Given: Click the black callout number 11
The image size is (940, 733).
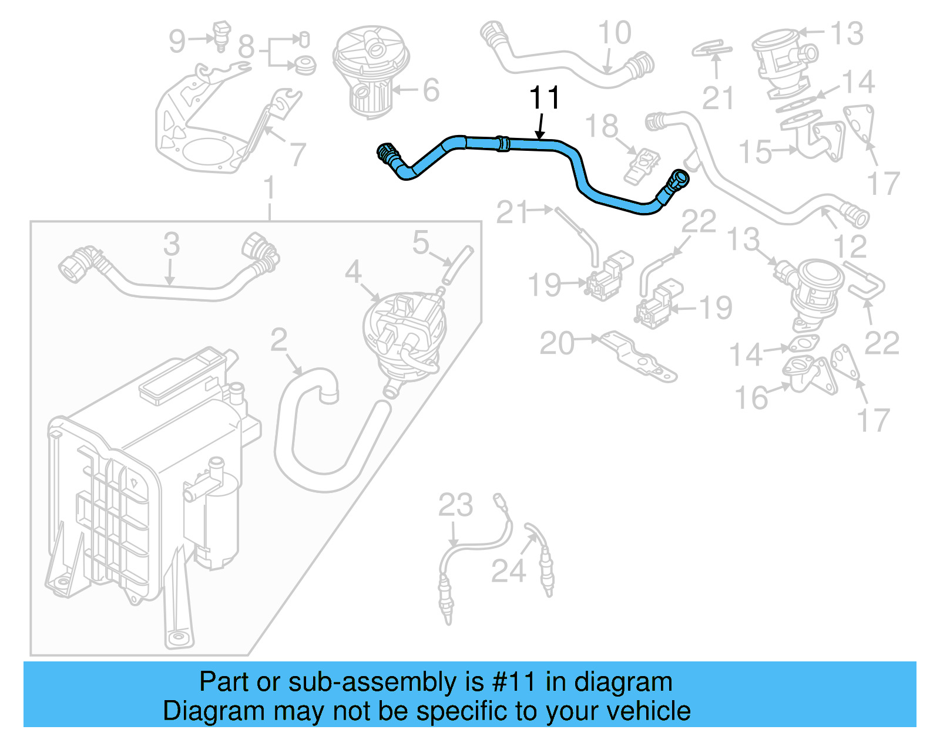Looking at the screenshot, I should click(545, 98).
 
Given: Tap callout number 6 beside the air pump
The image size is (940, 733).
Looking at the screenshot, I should click(431, 90).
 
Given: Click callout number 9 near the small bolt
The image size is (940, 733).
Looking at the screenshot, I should click(177, 41).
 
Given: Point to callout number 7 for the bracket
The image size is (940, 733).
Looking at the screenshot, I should click(297, 154).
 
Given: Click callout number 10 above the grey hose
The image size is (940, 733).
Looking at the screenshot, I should click(615, 33).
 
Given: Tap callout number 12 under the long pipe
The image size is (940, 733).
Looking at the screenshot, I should click(850, 246).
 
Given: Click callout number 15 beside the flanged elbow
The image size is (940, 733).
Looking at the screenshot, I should click(755, 152).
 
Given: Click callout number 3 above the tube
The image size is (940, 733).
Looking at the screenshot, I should click(171, 244).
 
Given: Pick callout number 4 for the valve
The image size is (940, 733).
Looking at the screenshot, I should click(352, 272).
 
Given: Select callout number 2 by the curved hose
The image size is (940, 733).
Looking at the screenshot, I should click(279, 340).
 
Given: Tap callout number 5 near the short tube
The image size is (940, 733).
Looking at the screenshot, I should click(421, 242).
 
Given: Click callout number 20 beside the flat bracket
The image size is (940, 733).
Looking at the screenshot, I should click(556, 343).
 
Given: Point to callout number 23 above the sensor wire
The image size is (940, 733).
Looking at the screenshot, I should click(455, 505).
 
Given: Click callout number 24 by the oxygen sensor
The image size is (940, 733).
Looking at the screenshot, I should click(508, 570).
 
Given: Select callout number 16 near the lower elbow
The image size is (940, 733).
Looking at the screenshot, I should click(751, 398).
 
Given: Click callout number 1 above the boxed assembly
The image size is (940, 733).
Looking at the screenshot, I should click(269, 188).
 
